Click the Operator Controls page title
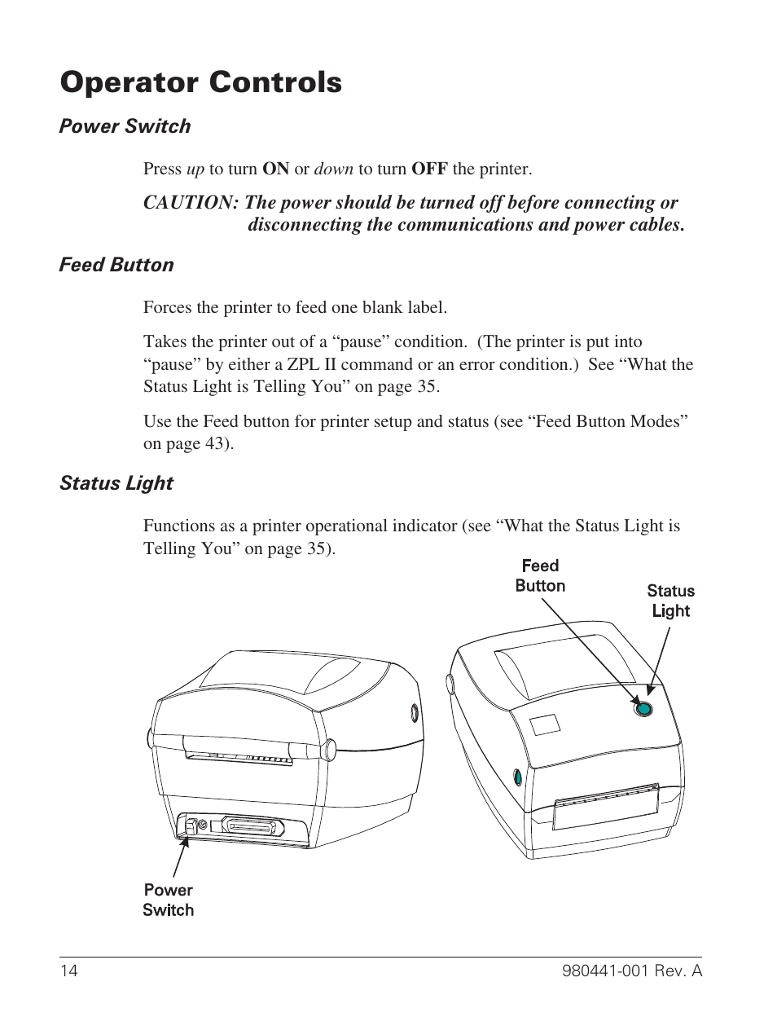(200, 82)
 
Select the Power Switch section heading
(125, 126)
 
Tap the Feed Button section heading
(116, 265)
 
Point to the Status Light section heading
(116, 483)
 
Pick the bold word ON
(275, 169)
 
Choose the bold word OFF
(429, 169)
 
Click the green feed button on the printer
(643, 709)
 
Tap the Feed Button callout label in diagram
(540, 576)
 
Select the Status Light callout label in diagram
(670, 601)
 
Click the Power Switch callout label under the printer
(169, 900)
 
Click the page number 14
(68, 971)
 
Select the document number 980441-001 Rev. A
(631, 971)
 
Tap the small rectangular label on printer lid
(545, 724)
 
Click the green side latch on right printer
(517, 777)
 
